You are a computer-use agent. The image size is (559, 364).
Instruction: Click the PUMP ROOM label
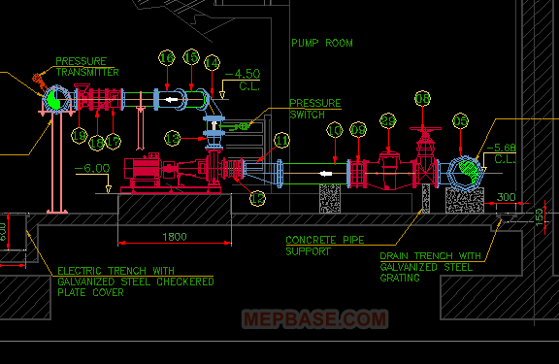[x=322, y=43]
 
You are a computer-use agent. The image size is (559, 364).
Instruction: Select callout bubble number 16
[x=167, y=59]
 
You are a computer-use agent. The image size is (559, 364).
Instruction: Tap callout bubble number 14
[x=213, y=61]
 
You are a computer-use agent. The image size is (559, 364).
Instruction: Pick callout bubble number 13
[x=174, y=137]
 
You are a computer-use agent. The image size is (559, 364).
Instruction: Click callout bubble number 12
[x=257, y=198]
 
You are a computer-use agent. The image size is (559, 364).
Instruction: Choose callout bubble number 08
[x=421, y=98]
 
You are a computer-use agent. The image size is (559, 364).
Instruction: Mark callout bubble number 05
[x=461, y=121]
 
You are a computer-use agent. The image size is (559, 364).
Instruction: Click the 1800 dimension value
[x=175, y=236]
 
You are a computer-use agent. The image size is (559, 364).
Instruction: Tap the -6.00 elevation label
[x=95, y=167]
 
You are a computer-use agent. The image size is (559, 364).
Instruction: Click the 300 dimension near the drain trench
[x=506, y=198]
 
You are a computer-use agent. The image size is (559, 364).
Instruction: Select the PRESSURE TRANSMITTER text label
[x=86, y=67]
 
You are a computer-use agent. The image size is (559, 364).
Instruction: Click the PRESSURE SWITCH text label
[x=315, y=108]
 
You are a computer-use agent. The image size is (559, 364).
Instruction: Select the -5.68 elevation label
[x=506, y=153]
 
